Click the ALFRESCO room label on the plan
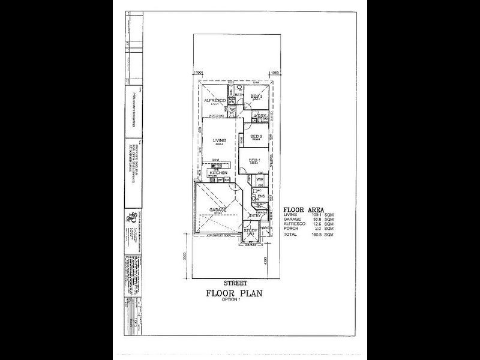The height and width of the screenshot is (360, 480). (x=214, y=101)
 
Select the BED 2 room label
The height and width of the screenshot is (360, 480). (x=256, y=137)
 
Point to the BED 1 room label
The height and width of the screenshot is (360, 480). (x=255, y=160)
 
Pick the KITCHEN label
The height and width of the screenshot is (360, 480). (x=218, y=173)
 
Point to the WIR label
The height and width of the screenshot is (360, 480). (x=260, y=179)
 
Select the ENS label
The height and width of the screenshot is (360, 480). (x=261, y=196)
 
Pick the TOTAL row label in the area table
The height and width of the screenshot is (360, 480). (x=290, y=235)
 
